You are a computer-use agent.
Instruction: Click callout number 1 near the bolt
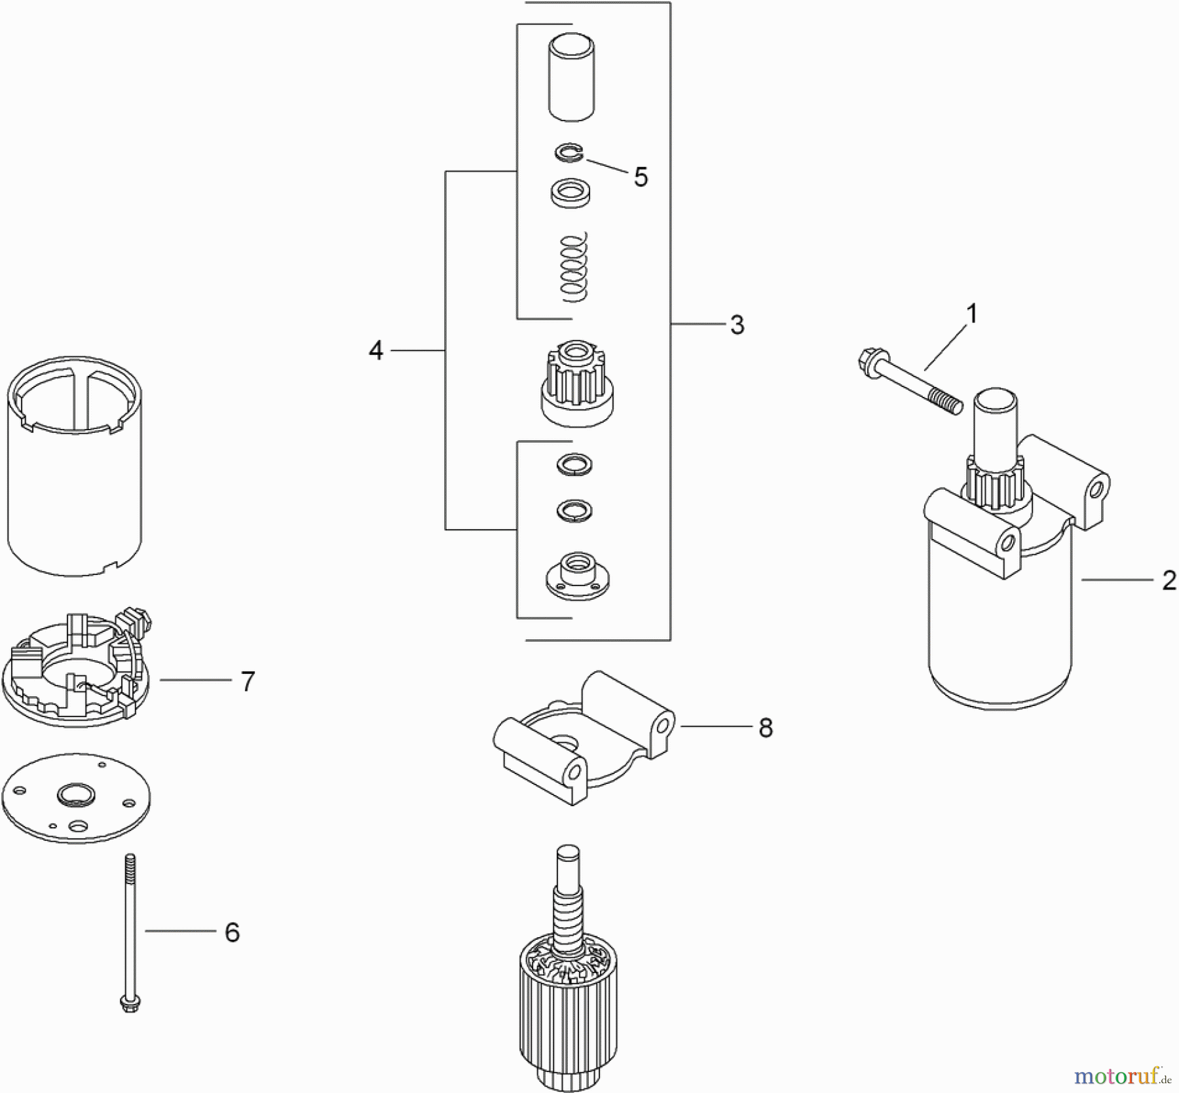972,314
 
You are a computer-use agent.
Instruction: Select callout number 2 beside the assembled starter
1169,580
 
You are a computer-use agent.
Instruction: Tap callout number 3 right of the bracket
737,325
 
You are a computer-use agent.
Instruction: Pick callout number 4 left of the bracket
375,351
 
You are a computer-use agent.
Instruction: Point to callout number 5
641,177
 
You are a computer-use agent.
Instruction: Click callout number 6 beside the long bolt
232,932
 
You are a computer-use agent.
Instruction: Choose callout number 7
247,682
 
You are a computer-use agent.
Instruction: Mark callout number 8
765,728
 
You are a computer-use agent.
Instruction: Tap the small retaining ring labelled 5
567,155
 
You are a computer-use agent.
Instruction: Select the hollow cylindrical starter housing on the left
75,465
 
